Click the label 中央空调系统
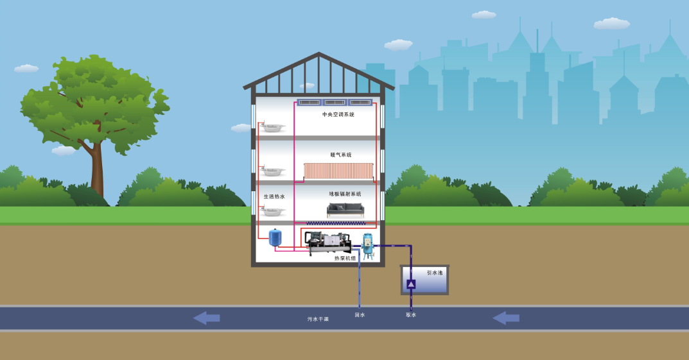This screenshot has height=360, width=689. [x=338, y=115]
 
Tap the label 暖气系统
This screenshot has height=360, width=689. [x=341, y=155]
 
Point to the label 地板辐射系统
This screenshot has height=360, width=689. [x=345, y=194]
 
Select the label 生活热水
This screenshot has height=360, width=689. [x=274, y=196]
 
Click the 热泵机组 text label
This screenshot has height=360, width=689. [x=345, y=259]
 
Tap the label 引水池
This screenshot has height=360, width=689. [x=435, y=273]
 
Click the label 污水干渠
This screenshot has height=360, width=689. [x=318, y=319]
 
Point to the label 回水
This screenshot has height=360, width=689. [x=360, y=315]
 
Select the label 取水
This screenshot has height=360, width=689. [x=411, y=315]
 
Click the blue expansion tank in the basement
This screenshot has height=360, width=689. [x=275, y=237]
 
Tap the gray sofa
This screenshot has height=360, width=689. [x=345, y=210]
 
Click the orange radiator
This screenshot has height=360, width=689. [x=338, y=171]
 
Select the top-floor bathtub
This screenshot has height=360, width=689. [x=272, y=128]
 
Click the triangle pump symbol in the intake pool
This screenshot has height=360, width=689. [x=411, y=284]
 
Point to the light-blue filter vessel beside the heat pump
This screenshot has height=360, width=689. [x=367, y=246]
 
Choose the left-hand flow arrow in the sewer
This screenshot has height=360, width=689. [x=207, y=318]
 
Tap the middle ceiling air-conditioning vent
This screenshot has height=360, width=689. [x=335, y=102]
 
